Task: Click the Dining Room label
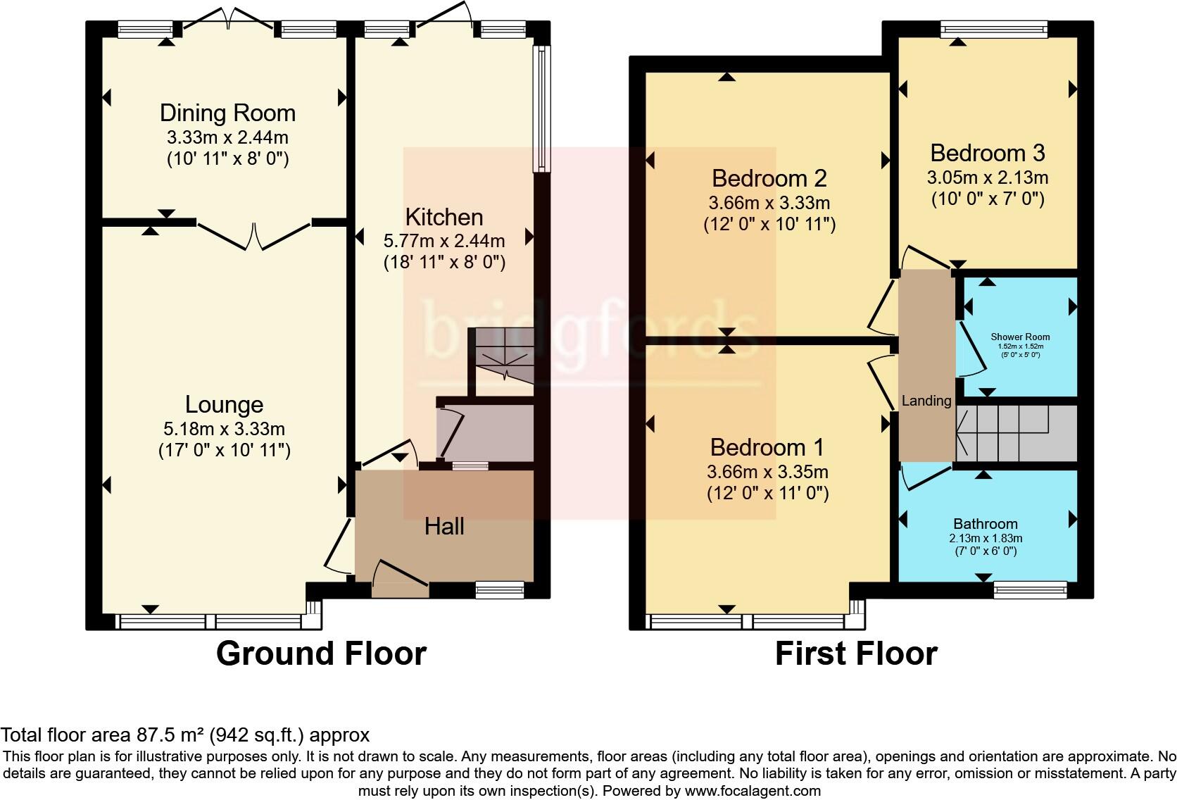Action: click(227, 113)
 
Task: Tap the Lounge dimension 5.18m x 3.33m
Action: click(224, 428)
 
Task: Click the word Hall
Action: click(443, 526)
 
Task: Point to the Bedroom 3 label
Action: click(987, 153)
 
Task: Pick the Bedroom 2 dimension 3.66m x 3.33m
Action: click(769, 204)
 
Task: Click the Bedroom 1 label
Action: click(767, 447)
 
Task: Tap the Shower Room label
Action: click(1020, 337)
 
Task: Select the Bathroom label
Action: click(985, 524)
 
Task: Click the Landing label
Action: click(926, 401)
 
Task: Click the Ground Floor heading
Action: click(321, 654)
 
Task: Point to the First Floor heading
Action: click(855, 654)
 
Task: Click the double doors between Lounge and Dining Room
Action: click(254, 235)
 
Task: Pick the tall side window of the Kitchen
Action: click(541, 109)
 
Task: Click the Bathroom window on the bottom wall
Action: click(1030, 589)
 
